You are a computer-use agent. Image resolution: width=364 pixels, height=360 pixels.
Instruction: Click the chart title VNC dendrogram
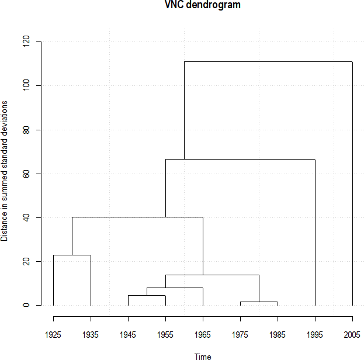pos(203,5)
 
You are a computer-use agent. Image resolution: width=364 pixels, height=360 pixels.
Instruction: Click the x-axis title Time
pos(203,356)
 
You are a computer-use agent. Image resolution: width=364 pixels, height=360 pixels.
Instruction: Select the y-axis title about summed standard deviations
pos(5,171)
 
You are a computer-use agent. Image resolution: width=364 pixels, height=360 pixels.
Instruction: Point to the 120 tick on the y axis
pos(26,42)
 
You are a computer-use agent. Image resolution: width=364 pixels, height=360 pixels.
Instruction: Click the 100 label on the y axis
pos(26,86)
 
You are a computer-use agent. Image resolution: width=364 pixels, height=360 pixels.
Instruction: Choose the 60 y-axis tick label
pos(26,174)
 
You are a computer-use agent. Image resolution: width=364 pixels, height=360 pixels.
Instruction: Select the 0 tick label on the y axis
pos(26,305)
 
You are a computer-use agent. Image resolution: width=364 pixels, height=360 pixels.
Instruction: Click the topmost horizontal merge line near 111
pos(268,61)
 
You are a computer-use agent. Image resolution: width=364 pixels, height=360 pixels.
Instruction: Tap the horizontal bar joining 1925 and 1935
pos(72,255)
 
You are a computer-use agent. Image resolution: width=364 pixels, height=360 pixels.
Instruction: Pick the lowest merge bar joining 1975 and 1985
pos(259,302)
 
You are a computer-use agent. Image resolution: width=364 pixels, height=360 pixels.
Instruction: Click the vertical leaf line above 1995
pos(315,234)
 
